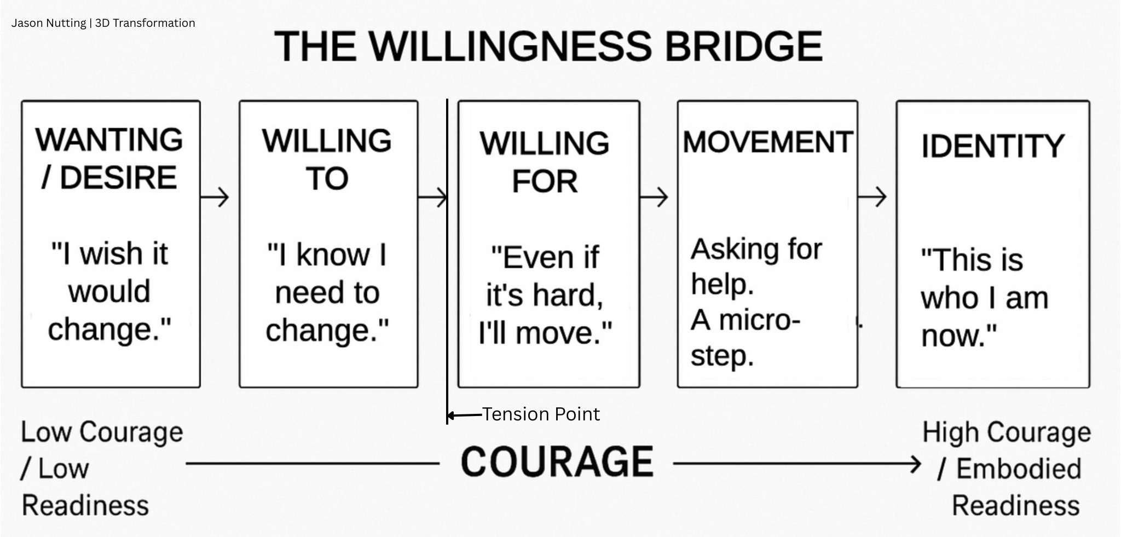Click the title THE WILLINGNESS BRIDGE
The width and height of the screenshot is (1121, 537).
pyautogui.click(x=548, y=46)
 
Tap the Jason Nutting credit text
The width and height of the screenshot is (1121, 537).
pyautogui.click(x=103, y=23)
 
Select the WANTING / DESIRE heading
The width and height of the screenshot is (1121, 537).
pyautogui.click(x=109, y=158)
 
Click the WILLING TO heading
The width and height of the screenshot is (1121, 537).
pyautogui.click(x=327, y=159)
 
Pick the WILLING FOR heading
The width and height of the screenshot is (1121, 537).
pyautogui.click(x=545, y=162)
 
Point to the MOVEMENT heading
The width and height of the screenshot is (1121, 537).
pyautogui.click(x=767, y=142)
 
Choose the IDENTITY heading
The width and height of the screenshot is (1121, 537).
pyautogui.click(x=992, y=146)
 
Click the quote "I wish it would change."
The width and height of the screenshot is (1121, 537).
pyautogui.click(x=109, y=291)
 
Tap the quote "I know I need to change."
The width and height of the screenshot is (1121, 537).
pyautogui.click(x=327, y=292)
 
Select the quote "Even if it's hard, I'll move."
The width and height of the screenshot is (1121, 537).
pyautogui.click(x=545, y=295)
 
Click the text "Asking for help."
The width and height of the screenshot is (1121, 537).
pyautogui.click(x=755, y=267)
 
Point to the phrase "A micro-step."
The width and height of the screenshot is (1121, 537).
pyautogui.click(x=744, y=338)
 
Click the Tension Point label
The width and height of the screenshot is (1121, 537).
pyautogui.click(x=540, y=414)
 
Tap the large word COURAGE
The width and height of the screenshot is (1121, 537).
pyautogui.click(x=557, y=462)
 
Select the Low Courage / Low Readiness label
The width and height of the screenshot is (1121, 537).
pyautogui.click(x=101, y=469)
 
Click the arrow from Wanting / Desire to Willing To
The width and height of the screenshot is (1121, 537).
pyautogui.click(x=215, y=197)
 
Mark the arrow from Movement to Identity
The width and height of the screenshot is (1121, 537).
pyautogui.click(x=872, y=197)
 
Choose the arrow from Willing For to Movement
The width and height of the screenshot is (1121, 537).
pyautogui.click(x=654, y=197)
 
